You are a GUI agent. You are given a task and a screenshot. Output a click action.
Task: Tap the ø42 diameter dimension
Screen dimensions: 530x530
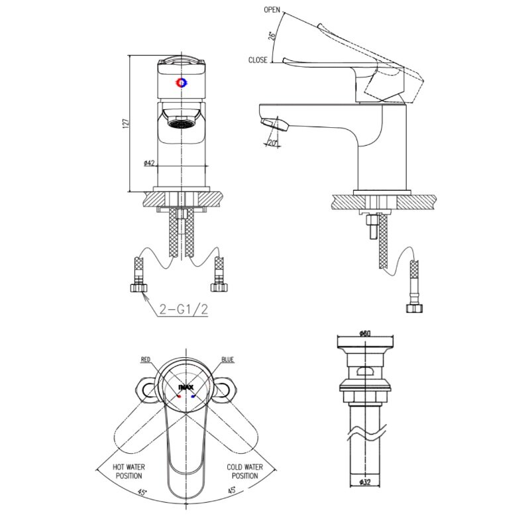148,162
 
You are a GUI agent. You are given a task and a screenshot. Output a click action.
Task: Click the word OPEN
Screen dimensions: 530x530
272,10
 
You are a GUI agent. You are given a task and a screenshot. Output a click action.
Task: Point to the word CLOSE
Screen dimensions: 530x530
258,60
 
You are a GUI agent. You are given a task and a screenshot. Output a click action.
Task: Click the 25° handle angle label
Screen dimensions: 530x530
272,36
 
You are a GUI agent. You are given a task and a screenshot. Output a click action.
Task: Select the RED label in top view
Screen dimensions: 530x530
146,359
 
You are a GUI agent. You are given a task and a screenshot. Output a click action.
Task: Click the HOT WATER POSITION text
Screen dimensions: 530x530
129,471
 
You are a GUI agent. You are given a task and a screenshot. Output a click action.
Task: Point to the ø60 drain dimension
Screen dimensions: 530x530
364,333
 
